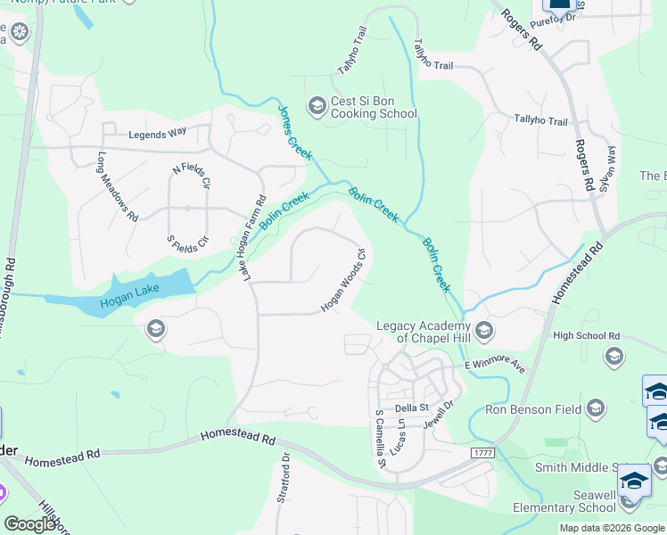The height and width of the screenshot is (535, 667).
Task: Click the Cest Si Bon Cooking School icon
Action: (x=317, y=107)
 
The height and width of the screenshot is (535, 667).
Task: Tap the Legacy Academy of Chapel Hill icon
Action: (x=484, y=332)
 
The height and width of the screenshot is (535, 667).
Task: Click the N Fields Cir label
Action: (x=191, y=177)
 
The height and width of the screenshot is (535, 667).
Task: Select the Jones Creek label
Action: (x=295, y=134)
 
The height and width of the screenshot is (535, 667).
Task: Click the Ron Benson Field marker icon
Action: (x=597, y=409)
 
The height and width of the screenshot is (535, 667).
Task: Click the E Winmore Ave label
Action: (x=495, y=366)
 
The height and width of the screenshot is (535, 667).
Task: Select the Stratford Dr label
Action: (x=284, y=479)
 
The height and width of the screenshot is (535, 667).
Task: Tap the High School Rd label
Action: (x=586, y=336)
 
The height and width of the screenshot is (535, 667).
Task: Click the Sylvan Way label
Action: (x=608, y=169)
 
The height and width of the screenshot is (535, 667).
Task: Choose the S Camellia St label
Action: (x=380, y=439)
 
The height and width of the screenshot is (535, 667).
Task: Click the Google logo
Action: (x=31, y=524)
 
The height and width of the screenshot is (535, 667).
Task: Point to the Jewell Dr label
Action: (x=438, y=416)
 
